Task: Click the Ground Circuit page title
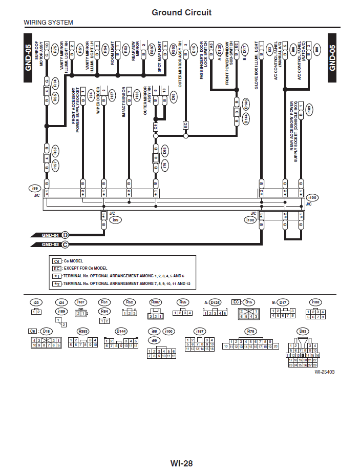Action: pos(181,12)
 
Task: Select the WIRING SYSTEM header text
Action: pos(48,23)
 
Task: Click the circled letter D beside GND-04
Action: pos(65,235)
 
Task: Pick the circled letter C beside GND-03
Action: pos(65,245)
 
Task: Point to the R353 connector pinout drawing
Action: pos(82,342)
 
